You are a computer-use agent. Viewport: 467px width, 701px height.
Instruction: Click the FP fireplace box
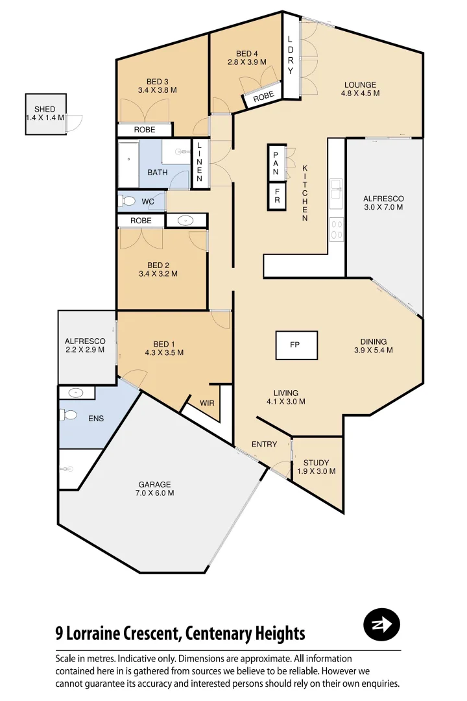point(297,345)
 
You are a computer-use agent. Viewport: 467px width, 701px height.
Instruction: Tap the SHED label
point(45,109)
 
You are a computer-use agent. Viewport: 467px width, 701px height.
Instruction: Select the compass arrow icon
point(381,625)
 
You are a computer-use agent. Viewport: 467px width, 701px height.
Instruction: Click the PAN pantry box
point(276,163)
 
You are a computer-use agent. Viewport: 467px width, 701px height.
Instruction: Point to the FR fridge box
point(277,197)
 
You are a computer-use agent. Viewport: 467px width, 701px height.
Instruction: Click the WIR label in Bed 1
point(207,403)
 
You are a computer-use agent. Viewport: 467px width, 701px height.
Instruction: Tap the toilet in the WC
point(126,201)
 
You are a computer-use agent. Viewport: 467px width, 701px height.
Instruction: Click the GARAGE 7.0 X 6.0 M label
point(156,488)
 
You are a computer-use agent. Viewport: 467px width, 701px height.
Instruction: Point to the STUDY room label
point(316,467)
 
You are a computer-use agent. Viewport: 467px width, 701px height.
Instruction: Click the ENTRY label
point(264,445)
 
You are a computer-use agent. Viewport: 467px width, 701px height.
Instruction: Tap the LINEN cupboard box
point(200,164)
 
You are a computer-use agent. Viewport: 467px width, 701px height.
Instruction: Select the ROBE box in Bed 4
point(263,97)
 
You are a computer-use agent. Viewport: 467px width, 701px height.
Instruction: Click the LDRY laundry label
point(291,56)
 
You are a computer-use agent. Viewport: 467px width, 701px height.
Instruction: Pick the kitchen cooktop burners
point(337,228)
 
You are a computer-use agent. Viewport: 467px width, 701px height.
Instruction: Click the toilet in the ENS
point(70,415)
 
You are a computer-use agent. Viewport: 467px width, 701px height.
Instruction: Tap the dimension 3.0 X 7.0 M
point(383,208)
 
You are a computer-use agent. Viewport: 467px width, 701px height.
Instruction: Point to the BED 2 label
point(158,269)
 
